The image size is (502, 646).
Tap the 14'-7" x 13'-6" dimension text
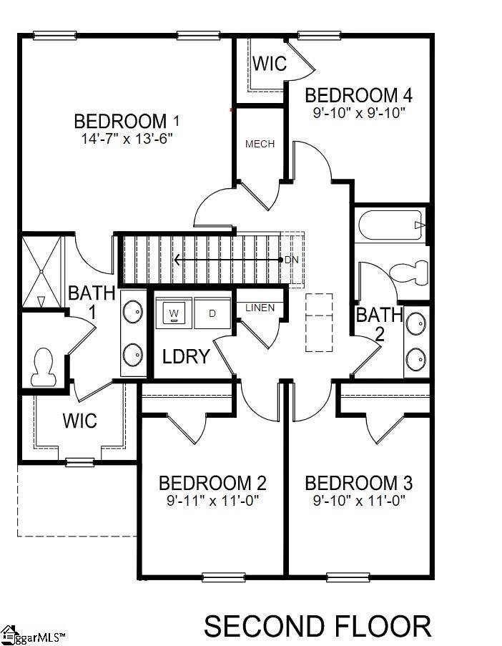click(x=127, y=137)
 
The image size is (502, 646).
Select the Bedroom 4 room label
click(x=360, y=95)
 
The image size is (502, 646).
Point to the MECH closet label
click(x=260, y=144)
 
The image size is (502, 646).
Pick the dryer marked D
click(x=212, y=313)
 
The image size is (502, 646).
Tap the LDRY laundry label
click(x=185, y=356)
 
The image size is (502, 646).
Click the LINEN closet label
click(x=260, y=308)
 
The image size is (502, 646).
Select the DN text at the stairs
click(x=291, y=260)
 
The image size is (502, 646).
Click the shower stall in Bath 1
click(x=41, y=271)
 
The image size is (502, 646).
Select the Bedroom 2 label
click(x=212, y=483)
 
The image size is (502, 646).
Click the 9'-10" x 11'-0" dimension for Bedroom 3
click(x=360, y=501)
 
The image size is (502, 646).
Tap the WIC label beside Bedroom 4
click(x=270, y=63)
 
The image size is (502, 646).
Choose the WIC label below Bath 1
click(x=79, y=420)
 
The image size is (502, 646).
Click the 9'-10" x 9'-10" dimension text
click(x=360, y=112)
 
